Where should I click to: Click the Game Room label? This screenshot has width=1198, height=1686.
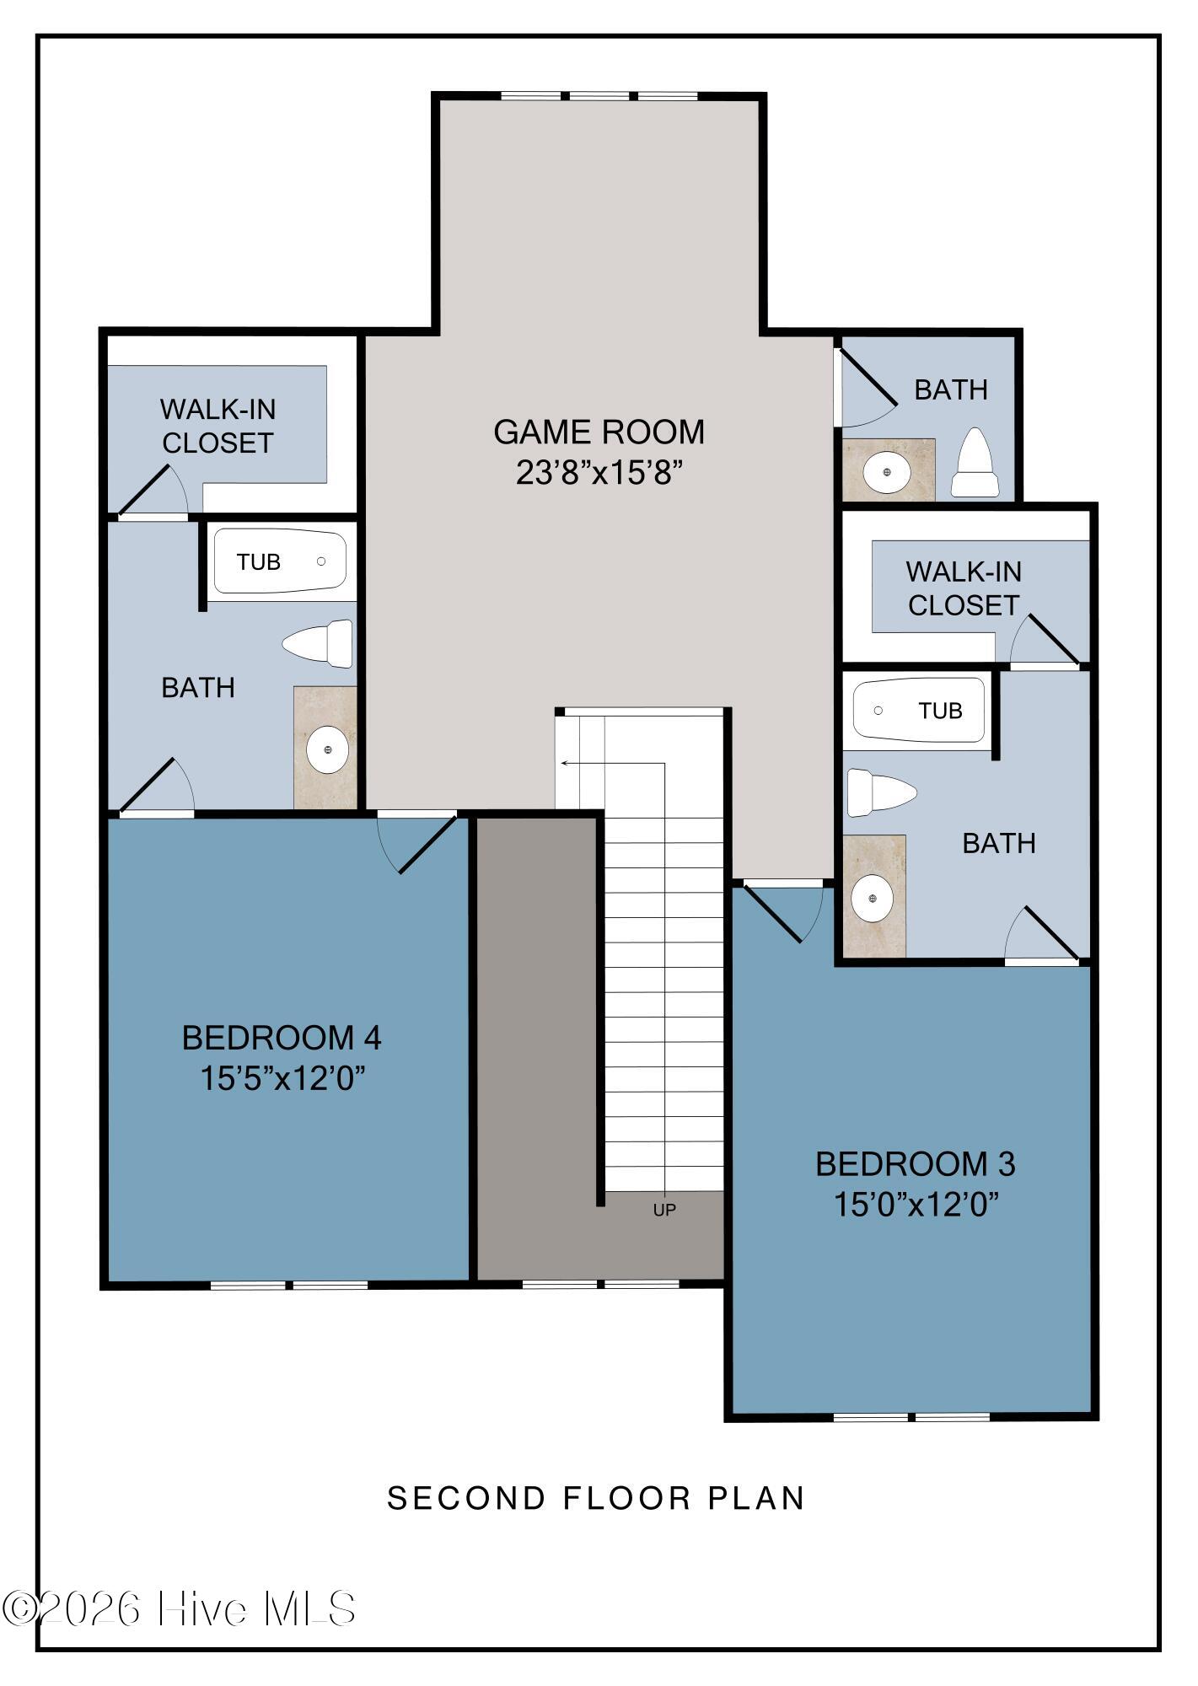(x=599, y=432)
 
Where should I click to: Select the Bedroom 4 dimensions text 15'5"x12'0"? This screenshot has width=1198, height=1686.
(x=282, y=1078)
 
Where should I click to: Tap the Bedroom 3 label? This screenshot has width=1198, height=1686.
(x=916, y=1164)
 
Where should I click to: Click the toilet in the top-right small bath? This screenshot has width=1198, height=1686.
(x=975, y=463)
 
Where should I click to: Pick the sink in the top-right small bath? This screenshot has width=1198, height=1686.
(x=888, y=470)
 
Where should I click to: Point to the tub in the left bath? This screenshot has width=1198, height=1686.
(x=280, y=561)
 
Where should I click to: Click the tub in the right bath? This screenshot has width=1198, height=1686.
(x=919, y=711)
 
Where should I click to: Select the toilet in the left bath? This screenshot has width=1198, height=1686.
(x=317, y=644)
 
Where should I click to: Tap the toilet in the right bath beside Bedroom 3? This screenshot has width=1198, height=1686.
(x=882, y=792)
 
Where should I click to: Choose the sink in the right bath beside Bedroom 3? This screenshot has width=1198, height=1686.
(x=873, y=899)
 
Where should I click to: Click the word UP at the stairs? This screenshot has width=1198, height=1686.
(x=664, y=1210)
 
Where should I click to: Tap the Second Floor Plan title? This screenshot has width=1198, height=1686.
(x=596, y=1498)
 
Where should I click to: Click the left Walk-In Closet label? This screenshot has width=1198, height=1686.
(x=218, y=426)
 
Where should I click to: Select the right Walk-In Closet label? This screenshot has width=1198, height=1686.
(x=964, y=588)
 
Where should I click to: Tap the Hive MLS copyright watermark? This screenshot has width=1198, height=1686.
(x=179, y=1608)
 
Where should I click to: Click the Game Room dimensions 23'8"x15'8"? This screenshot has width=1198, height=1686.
(x=599, y=473)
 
